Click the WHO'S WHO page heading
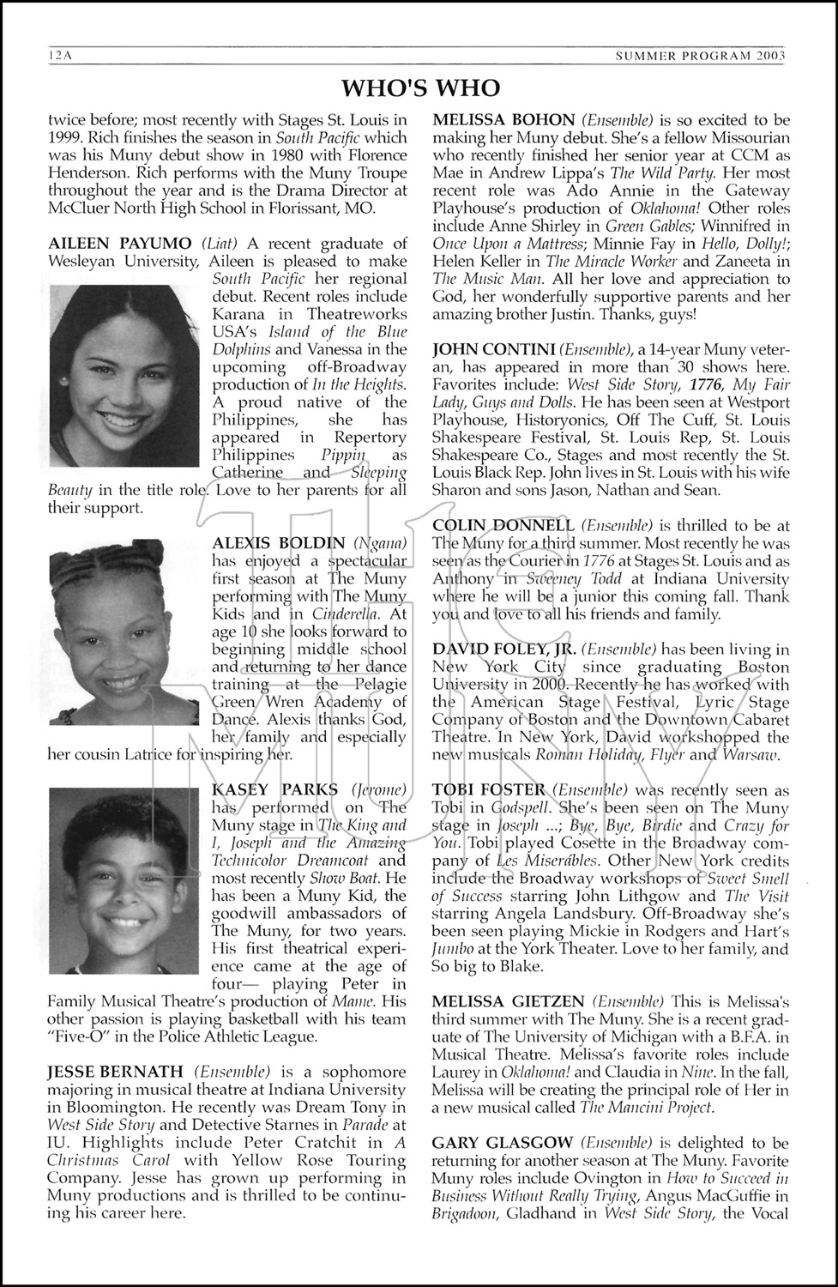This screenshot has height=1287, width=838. (x=419, y=88)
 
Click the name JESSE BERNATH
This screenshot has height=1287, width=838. (x=115, y=1072)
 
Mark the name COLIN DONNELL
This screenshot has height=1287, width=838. (x=503, y=525)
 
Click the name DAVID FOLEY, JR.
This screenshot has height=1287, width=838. (x=504, y=649)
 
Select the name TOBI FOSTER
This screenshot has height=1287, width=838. (x=489, y=789)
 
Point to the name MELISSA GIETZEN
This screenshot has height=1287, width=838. (x=509, y=1001)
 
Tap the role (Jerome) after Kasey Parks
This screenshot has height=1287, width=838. (x=379, y=789)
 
